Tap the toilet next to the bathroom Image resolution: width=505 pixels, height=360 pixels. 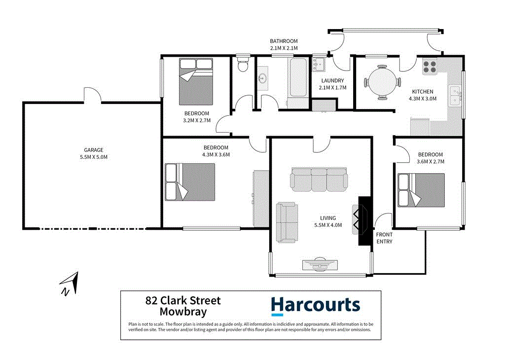(242, 66)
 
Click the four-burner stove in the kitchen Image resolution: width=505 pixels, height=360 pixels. (430, 66)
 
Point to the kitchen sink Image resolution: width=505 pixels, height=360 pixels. (454, 96)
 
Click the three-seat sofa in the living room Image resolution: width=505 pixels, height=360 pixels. (318, 180)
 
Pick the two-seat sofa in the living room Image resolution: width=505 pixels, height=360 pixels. (287, 222)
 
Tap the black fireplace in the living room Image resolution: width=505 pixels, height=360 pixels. (364, 220)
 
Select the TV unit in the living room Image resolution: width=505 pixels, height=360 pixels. (320, 264)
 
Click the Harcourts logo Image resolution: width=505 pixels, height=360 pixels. (316, 305)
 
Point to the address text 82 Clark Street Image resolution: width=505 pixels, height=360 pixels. (183, 300)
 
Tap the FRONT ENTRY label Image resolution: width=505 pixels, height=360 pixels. (384, 238)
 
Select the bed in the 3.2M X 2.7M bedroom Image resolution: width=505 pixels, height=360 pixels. (196, 81)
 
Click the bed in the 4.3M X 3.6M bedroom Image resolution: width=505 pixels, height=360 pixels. (190, 182)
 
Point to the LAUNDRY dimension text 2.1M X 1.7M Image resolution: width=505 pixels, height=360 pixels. (332, 88)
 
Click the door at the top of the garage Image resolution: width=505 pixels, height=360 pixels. (92, 95)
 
